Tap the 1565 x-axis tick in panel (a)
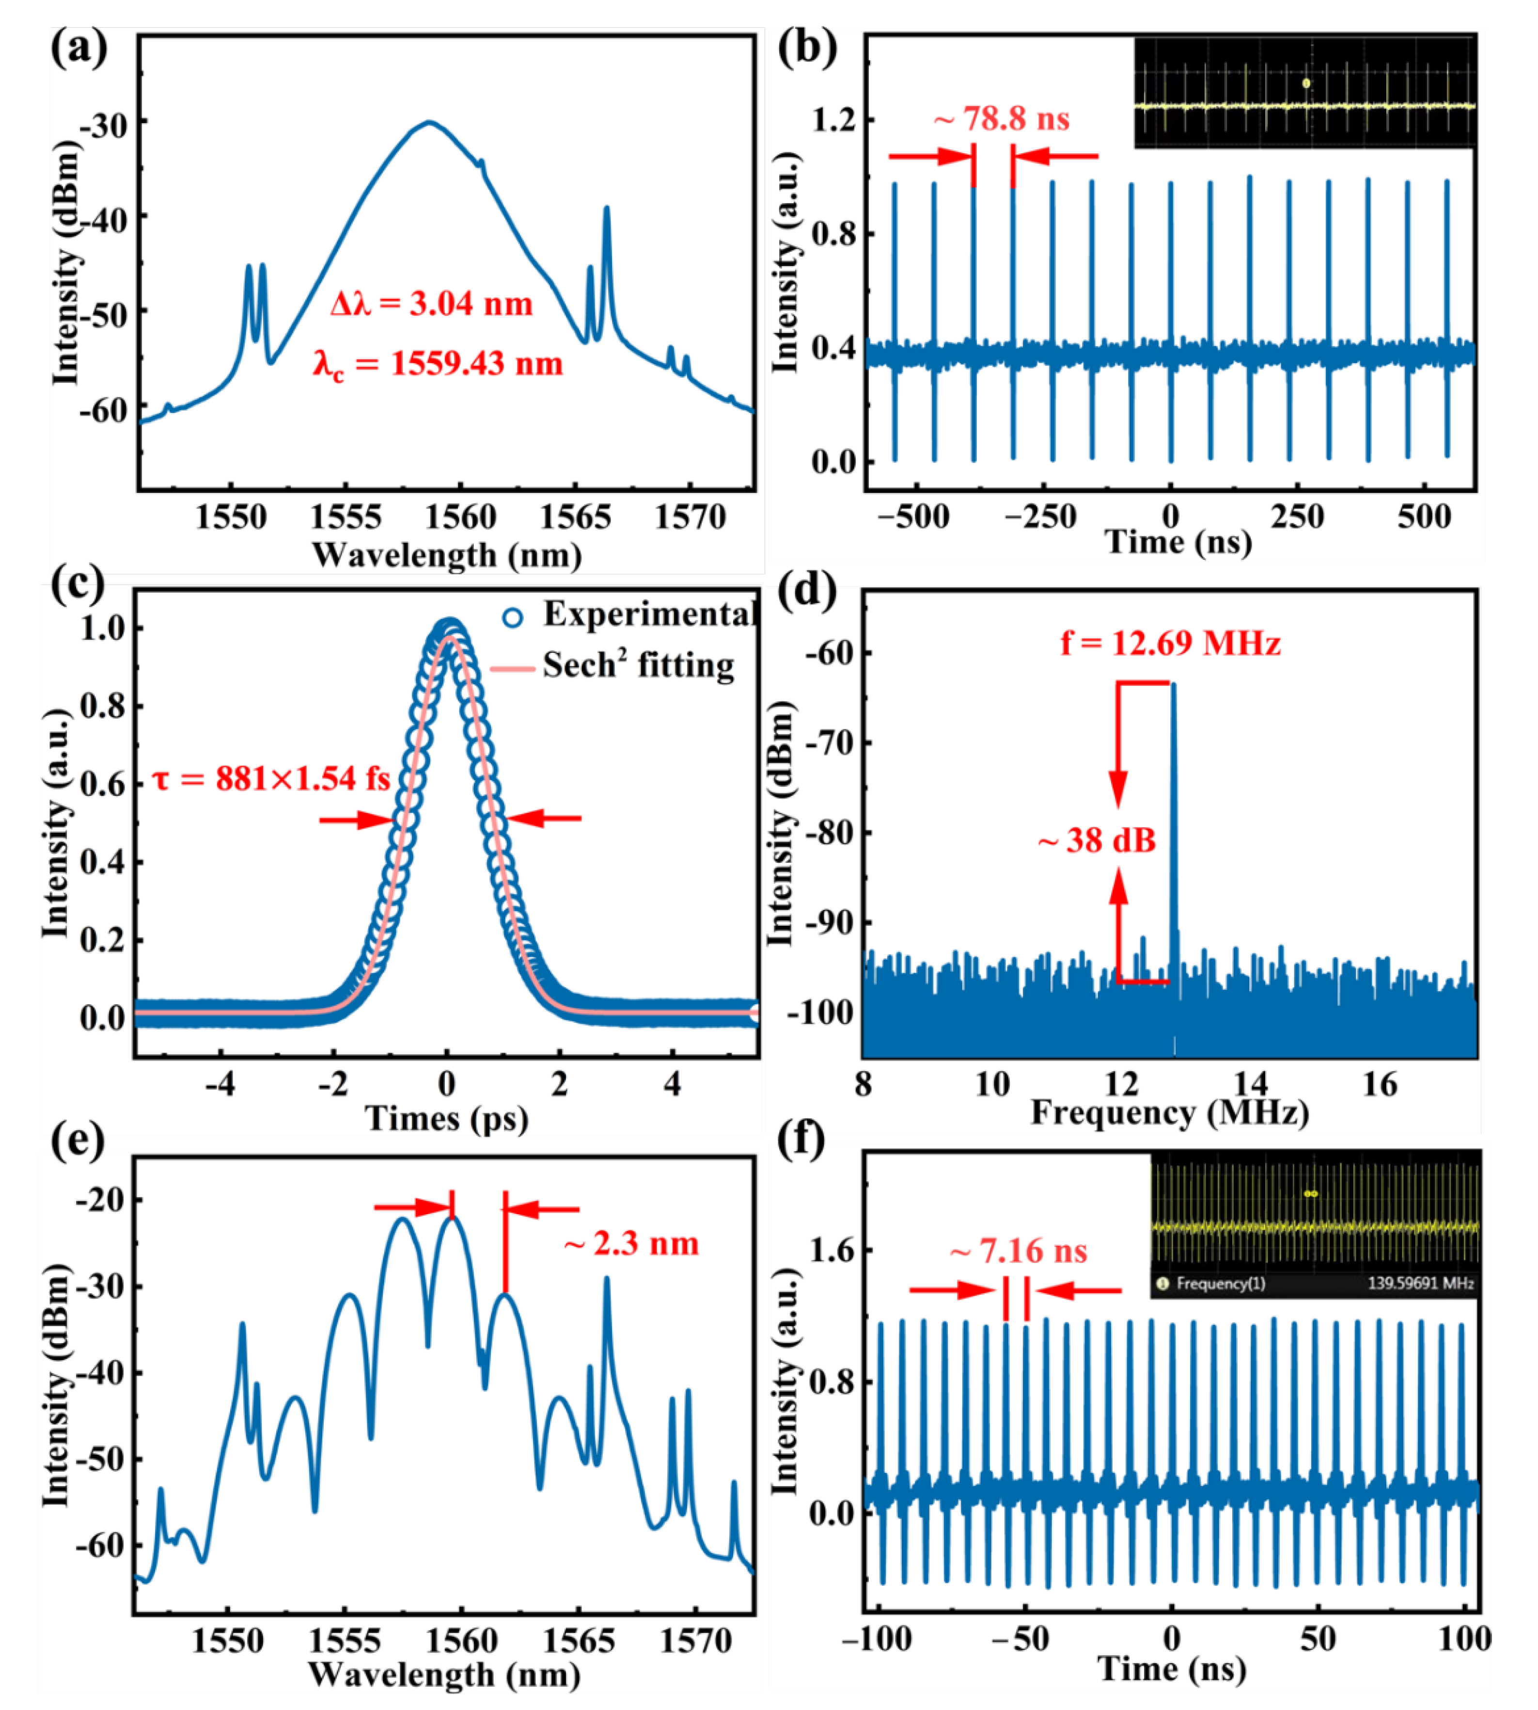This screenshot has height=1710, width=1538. pos(575,517)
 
